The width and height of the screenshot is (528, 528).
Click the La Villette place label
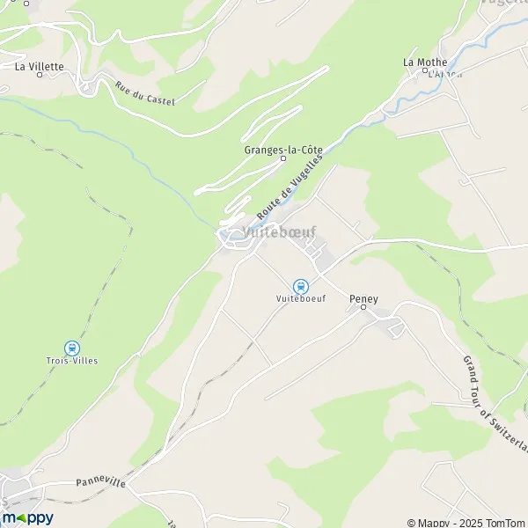pos(40,66)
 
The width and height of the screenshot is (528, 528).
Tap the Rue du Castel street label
pos(145,94)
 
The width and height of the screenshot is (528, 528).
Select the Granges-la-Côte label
pos(282,149)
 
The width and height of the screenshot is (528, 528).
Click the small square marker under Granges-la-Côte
pos(283,159)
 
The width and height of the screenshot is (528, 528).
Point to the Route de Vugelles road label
pos(290,187)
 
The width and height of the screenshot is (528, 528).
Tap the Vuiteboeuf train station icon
pos(301,286)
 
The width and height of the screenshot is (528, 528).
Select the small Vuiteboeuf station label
pos(301,299)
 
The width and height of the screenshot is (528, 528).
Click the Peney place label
pos(363,299)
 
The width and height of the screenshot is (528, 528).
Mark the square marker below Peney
pos(363,309)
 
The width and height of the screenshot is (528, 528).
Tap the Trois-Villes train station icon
pos(72,348)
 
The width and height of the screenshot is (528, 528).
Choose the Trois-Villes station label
pos(72,361)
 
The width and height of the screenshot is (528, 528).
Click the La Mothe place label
pos(425,62)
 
